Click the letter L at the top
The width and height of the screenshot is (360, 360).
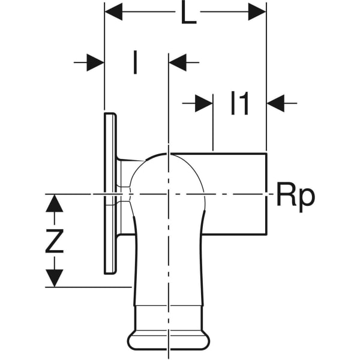(x=188, y=14)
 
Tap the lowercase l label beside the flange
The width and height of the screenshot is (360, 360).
(x=135, y=62)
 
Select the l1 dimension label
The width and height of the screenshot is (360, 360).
(x=239, y=104)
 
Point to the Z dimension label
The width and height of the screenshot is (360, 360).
(x=55, y=242)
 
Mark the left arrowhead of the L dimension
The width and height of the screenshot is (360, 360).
(x=113, y=11)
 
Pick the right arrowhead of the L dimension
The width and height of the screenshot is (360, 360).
(x=257, y=11)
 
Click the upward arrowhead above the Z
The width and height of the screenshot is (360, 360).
(x=55, y=203)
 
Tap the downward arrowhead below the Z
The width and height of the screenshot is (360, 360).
(x=55, y=278)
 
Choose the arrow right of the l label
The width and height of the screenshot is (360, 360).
(x=178, y=62)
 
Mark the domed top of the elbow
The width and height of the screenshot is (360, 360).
(x=169, y=157)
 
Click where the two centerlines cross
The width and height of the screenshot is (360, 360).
(x=170, y=194)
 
